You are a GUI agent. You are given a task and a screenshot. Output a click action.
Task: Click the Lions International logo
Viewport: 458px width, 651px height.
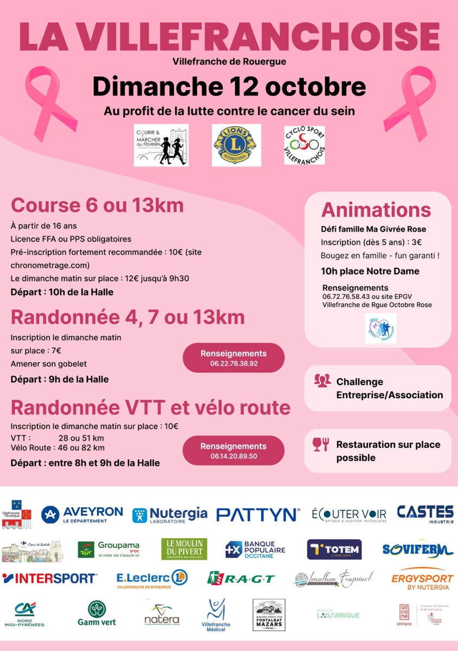(x=236, y=145)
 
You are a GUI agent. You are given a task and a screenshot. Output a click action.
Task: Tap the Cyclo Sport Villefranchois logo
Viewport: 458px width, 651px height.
(x=304, y=145)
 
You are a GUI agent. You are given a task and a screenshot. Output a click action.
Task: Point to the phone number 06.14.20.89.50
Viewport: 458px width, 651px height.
(x=234, y=456)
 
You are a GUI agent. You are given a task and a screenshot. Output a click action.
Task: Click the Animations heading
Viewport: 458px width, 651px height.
(x=376, y=210)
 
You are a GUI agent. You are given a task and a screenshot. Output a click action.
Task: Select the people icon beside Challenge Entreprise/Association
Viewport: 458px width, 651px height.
(x=322, y=381)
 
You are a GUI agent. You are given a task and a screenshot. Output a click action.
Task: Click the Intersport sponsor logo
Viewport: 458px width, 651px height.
(x=49, y=578)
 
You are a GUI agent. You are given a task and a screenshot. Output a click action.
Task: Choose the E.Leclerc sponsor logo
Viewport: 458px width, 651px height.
(x=152, y=579)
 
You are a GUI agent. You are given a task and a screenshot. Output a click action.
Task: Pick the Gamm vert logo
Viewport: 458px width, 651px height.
(x=97, y=614)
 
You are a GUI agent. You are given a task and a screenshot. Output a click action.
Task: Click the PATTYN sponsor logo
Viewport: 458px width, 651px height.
(x=258, y=514)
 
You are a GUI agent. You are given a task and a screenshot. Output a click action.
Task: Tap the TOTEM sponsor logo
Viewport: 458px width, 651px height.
(x=334, y=549)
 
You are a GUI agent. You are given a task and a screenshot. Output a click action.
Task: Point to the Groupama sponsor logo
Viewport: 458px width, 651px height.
(x=109, y=549)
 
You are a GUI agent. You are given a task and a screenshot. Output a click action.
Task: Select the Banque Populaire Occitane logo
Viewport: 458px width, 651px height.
(x=255, y=549)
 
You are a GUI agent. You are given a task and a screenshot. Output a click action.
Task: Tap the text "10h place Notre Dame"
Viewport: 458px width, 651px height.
(x=370, y=271)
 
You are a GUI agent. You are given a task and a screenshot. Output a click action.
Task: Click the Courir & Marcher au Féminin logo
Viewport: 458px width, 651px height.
(x=161, y=145)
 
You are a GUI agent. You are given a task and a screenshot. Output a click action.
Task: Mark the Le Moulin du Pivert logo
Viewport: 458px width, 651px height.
(x=184, y=549)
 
